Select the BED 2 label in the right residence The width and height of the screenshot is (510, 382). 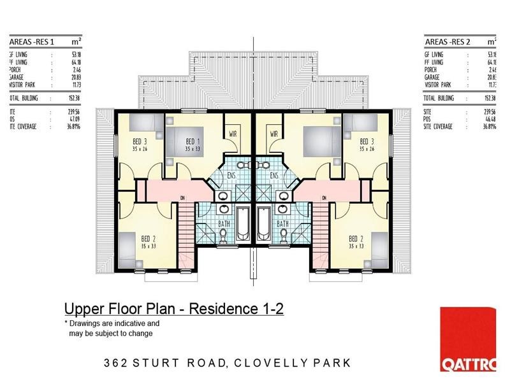[x=356, y=241]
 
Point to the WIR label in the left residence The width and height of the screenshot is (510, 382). [x=233, y=134]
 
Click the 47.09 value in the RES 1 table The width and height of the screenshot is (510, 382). [x=76, y=118]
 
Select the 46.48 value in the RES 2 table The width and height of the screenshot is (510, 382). [x=489, y=118]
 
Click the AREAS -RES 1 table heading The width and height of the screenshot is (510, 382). [x=32, y=43]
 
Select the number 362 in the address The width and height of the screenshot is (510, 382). [x=117, y=364]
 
